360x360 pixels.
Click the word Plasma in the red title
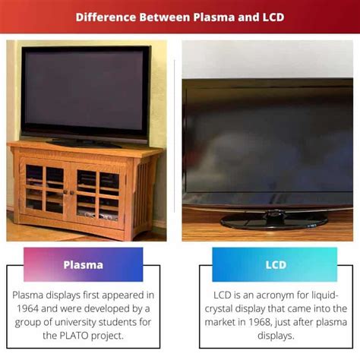point(214,17)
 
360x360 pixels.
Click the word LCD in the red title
point(273,17)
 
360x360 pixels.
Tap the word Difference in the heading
point(106,17)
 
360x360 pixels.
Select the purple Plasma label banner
point(84,264)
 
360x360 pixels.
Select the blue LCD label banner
point(275,264)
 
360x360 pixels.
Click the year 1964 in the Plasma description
point(27,308)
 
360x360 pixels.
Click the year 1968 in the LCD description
point(259,322)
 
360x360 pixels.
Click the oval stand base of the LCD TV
point(273,221)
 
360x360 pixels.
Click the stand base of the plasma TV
point(84,144)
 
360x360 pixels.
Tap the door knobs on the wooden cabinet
point(68,192)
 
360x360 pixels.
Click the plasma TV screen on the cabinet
point(84,91)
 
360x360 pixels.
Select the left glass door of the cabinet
point(45,189)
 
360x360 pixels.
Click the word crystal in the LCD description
point(219,309)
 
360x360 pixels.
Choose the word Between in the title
point(165,17)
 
